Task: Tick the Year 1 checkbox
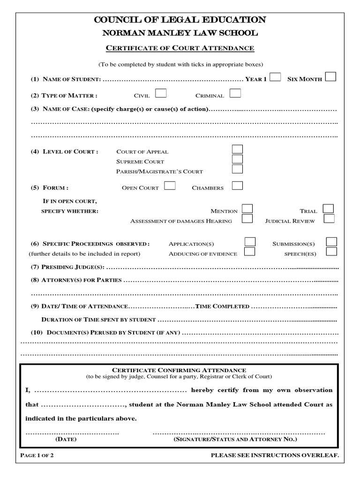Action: (x=276, y=77)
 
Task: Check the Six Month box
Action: (x=330, y=77)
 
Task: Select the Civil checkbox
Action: (x=160, y=94)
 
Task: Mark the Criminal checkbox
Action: (x=235, y=94)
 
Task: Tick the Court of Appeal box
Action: (x=238, y=150)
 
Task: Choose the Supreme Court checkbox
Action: (x=238, y=159)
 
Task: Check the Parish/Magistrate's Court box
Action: (x=238, y=169)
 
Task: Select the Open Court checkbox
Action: (x=170, y=186)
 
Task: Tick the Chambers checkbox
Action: (x=237, y=186)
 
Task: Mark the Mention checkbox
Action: (x=247, y=209)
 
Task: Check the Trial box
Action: (x=329, y=209)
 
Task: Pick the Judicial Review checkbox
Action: (x=329, y=219)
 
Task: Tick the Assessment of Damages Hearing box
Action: (x=247, y=219)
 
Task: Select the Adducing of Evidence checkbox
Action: (x=250, y=252)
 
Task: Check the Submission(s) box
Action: (x=331, y=242)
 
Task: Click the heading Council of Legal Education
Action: (x=180, y=20)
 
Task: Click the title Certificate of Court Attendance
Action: (x=180, y=48)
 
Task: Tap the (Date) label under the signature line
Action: (x=66, y=440)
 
